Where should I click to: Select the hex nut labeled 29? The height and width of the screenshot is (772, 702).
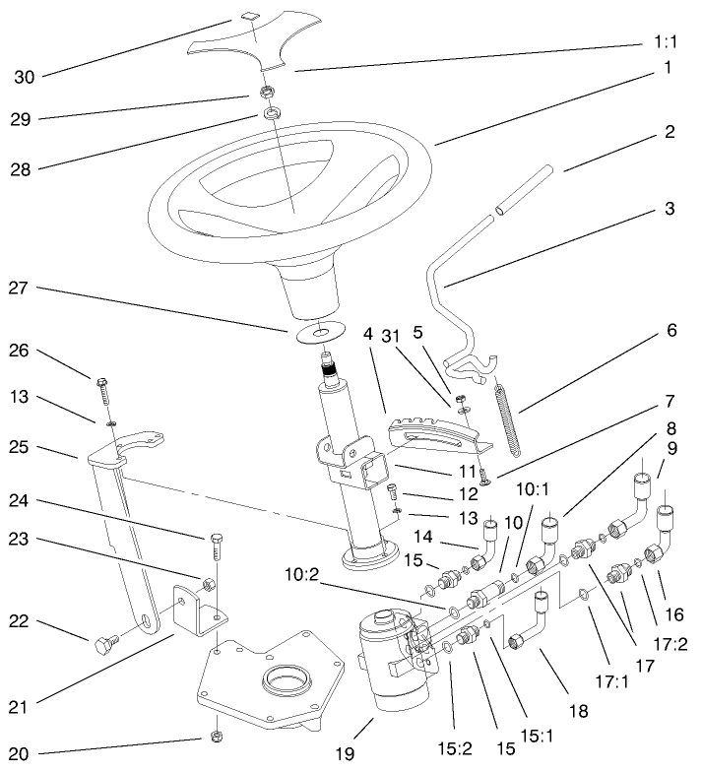tap(266, 92)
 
